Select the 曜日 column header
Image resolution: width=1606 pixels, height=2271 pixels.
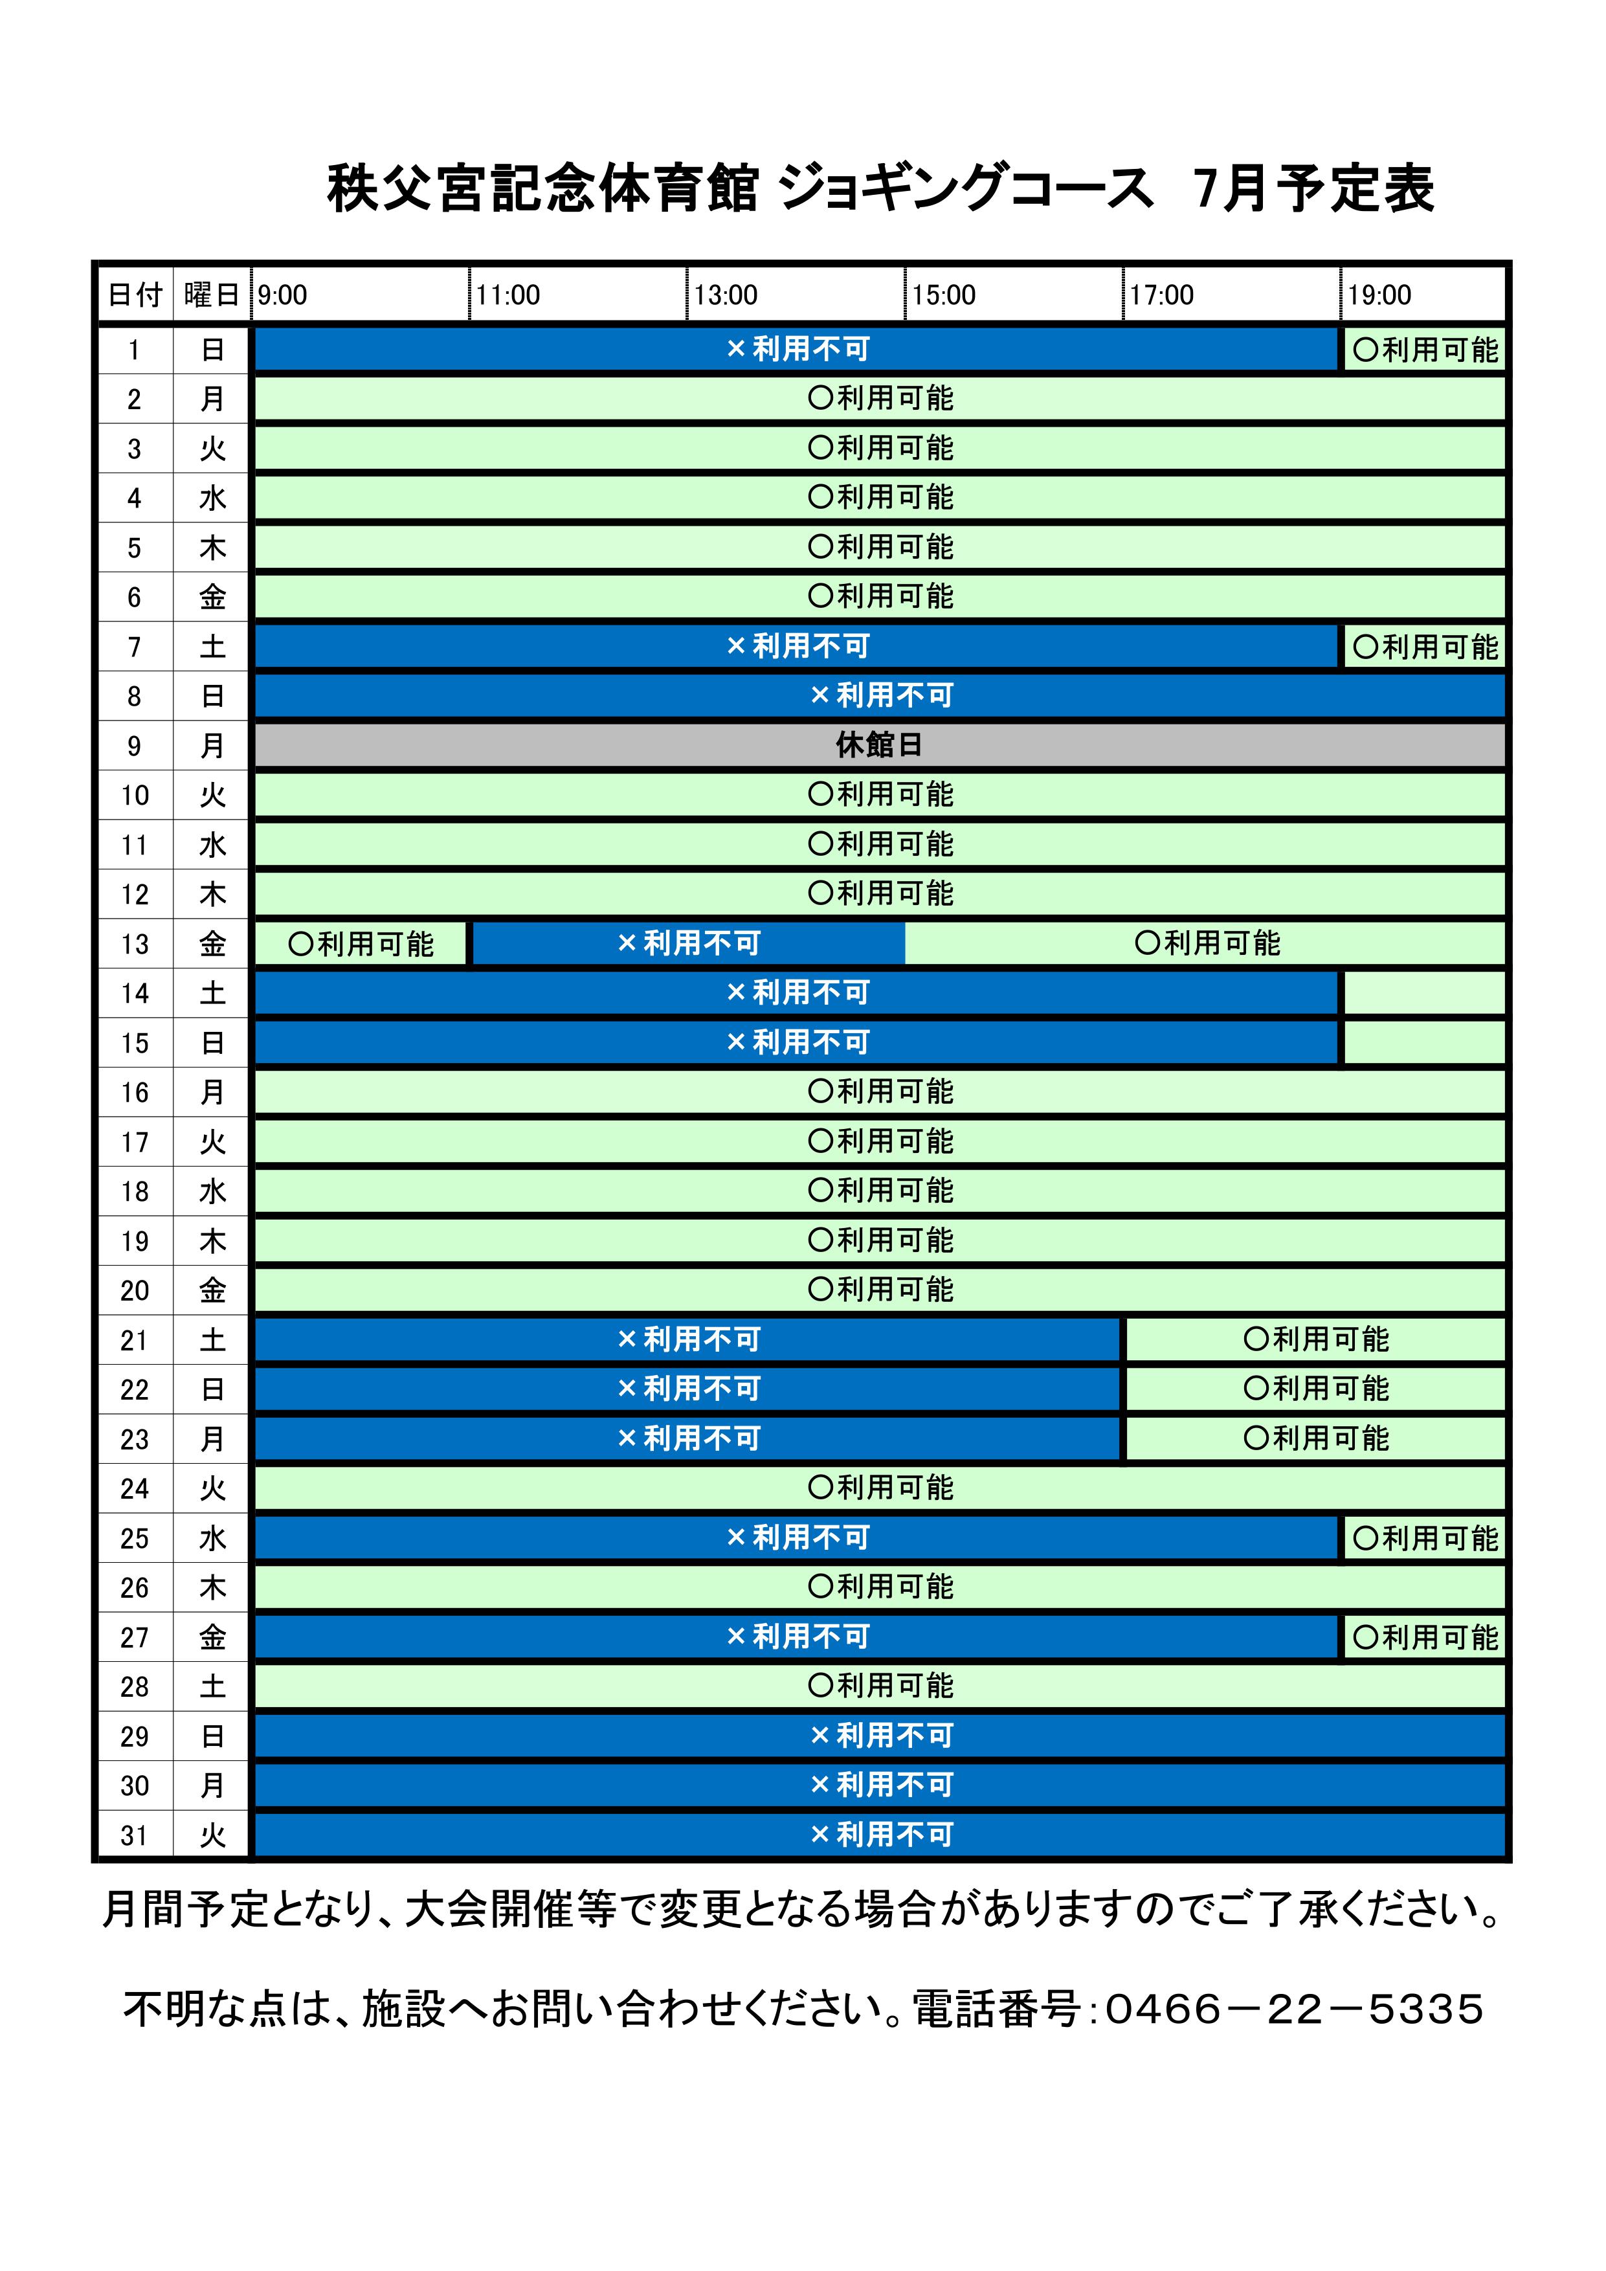point(212,295)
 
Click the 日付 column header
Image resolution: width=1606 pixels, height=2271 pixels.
point(135,295)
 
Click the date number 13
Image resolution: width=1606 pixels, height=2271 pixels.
point(135,944)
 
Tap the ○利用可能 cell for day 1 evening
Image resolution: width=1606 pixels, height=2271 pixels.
point(1424,349)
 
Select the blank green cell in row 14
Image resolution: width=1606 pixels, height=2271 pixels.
point(1424,993)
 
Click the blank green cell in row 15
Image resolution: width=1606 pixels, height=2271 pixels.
point(1424,1042)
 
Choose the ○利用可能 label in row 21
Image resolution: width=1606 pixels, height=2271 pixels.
point(1315,1339)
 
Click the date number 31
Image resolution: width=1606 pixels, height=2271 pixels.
point(135,1836)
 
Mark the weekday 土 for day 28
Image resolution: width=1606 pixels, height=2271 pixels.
point(212,1686)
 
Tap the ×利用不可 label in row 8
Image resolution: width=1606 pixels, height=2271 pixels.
point(880,695)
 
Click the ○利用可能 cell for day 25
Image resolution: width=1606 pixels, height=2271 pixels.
point(1424,1538)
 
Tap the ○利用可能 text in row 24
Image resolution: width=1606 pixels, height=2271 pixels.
point(880,1488)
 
